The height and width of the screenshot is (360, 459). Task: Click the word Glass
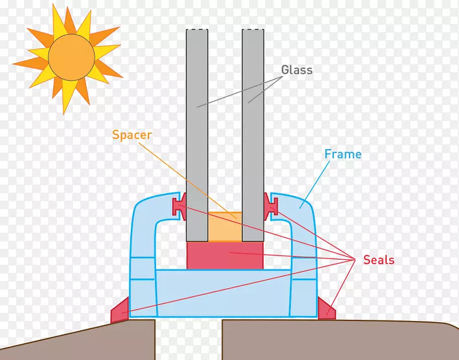(x=297, y=70)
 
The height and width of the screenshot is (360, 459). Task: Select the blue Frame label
(x=343, y=154)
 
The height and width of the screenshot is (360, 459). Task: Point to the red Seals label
(x=379, y=260)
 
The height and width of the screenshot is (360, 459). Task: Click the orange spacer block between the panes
(x=225, y=227)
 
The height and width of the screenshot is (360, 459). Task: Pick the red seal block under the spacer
(x=225, y=255)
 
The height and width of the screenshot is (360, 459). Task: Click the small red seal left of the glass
(x=179, y=205)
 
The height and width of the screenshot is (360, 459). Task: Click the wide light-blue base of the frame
(x=225, y=292)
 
